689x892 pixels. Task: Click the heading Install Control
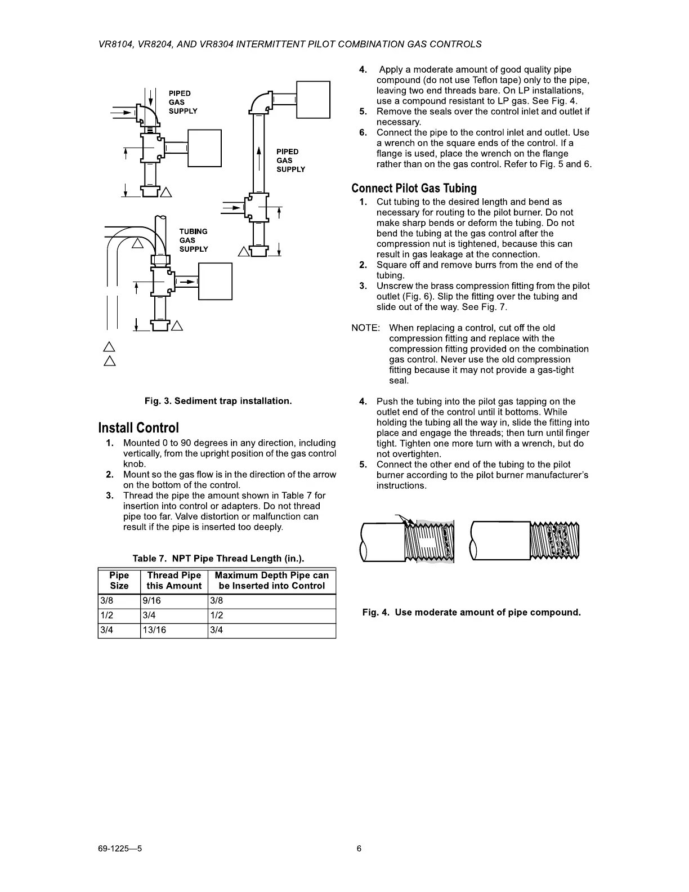tap(138, 428)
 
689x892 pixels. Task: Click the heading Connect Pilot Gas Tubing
tap(414, 188)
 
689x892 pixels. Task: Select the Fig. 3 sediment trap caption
tap(218, 401)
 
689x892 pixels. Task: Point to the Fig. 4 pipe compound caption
tap(471, 612)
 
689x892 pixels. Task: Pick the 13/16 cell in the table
tap(154, 630)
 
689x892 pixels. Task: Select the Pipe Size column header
tap(119, 581)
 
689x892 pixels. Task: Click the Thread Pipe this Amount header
tap(174, 581)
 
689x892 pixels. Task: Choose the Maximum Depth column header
tap(271, 581)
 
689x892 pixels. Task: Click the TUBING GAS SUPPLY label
tap(194, 240)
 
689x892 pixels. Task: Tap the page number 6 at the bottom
tap(359, 849)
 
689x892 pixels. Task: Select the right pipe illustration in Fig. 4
tap(525, 541)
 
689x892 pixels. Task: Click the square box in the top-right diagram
tap(313, 100)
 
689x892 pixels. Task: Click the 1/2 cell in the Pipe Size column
tap(105, 616)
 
